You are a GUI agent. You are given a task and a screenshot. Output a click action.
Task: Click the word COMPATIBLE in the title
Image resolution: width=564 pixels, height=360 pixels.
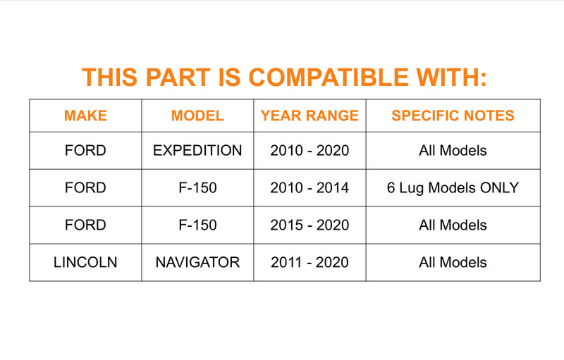point(329,77)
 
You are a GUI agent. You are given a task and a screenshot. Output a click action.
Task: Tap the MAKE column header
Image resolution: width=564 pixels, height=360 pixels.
point(85,116)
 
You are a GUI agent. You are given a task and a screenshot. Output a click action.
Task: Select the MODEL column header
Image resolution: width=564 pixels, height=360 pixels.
point(197,116)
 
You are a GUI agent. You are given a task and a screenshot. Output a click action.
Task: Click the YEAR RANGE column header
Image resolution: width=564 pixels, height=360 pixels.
point(309,116)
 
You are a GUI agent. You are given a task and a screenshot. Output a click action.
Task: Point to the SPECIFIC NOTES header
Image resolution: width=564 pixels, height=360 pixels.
point(453,116)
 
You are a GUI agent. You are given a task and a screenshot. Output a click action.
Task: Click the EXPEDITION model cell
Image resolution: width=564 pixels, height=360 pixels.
point(197,151)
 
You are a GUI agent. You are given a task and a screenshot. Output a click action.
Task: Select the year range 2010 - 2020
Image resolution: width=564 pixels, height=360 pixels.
point(309,151)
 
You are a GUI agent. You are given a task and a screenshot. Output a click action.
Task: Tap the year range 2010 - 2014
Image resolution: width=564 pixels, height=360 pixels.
point(309,188)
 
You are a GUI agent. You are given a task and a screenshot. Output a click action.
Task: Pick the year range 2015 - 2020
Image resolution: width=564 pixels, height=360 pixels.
point(309,225)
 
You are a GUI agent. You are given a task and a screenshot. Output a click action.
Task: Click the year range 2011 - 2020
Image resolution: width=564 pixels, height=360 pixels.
point(309,263)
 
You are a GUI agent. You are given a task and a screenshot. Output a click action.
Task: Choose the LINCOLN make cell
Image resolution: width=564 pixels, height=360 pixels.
point(85,263)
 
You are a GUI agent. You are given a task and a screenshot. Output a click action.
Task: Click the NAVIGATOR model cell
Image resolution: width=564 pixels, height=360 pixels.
point(197,263)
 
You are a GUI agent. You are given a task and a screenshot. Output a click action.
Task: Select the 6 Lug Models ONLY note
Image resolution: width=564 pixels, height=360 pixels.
point(453,188)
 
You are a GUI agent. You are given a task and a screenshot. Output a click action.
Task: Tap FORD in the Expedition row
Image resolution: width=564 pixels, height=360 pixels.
point(85,151)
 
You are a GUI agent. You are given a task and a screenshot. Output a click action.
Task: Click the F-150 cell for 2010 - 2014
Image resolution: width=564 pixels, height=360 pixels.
point(197,188)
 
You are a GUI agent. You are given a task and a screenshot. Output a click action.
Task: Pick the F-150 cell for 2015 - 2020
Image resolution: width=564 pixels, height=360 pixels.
point(197,225)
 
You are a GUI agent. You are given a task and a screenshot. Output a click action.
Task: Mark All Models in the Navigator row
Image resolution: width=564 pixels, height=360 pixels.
point(453,263)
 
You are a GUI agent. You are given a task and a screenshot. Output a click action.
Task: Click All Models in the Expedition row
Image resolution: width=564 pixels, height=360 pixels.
point(453,151)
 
